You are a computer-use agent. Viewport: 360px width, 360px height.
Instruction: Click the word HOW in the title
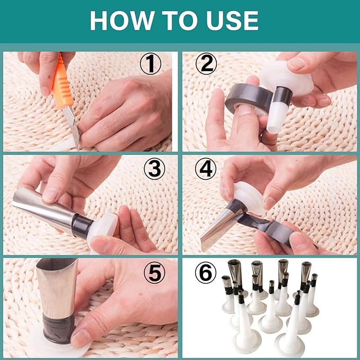pyautogui.click(x=122, y=20)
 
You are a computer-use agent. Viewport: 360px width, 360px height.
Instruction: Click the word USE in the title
pyautogui.click(x=232, y=20)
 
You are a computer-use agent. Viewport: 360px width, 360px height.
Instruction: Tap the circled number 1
pyautogui.click(x=151, y=64)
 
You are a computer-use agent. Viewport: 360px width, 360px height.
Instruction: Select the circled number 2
pyautogui.click(x=206, y=64)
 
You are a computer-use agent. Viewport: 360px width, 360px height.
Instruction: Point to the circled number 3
pyautogui.click(x=154, y=169)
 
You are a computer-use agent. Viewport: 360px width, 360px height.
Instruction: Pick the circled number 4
pyautogui.click(x=206, y=169)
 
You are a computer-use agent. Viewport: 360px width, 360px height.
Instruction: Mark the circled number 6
pyautogui.click(x=206, y=273)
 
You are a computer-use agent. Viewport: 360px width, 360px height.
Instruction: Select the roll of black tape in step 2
pyautogui.click(x=249, y=99)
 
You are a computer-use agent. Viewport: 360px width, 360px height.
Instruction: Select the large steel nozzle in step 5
pyautogui.click(x=57, y=287)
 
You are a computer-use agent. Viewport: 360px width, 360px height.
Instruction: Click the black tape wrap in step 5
pyautogui.click(x=58, y=329)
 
